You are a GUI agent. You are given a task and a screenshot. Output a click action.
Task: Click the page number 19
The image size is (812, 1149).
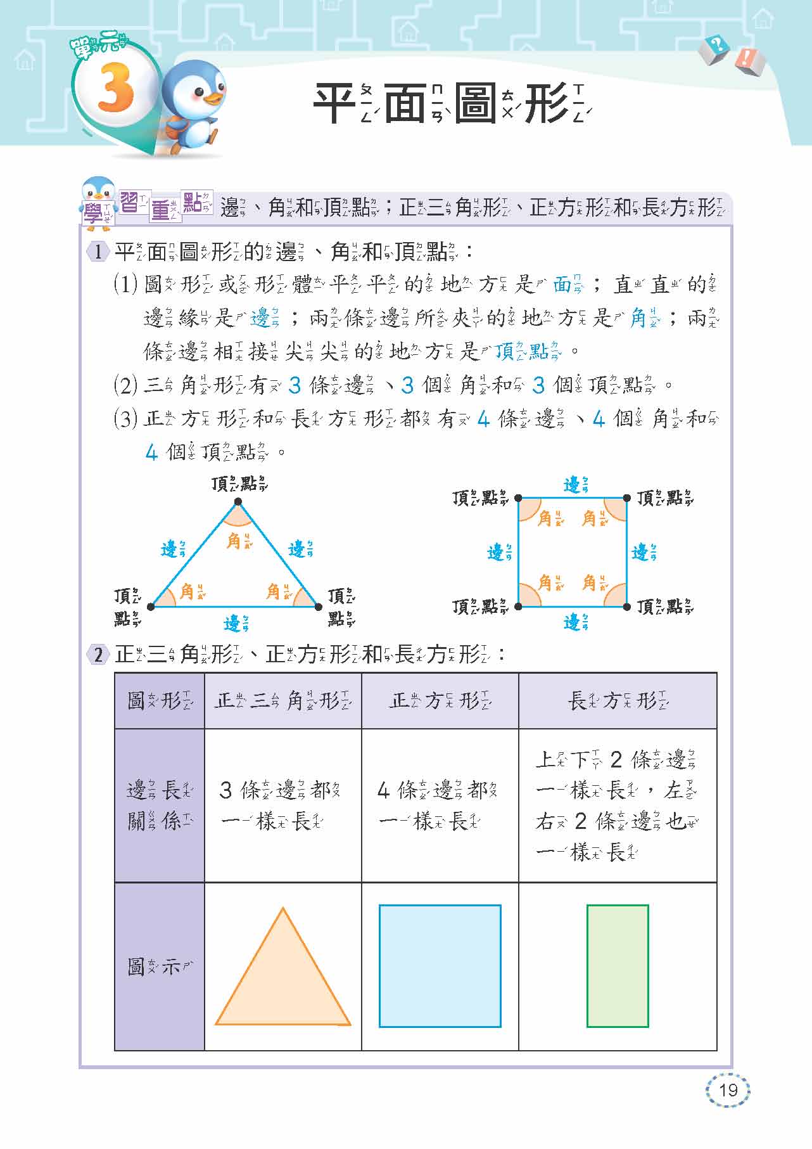728,1089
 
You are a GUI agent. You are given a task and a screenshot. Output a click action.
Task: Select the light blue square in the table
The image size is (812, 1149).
440,966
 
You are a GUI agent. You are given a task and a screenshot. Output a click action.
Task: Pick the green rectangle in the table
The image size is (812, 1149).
618,966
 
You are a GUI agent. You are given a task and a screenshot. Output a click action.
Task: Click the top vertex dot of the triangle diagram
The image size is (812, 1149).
238,502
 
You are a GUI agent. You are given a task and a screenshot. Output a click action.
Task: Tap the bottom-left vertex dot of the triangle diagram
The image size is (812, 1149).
151,607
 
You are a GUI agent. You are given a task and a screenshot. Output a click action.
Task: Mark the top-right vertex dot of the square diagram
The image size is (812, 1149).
626,498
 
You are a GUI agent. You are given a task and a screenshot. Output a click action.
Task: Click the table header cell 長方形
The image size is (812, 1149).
617,701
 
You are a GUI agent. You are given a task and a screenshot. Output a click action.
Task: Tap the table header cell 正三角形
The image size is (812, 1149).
282,701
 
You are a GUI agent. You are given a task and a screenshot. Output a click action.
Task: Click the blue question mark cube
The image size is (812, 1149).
716,48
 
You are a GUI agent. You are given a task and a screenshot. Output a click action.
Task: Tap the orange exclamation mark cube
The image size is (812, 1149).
750,60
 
